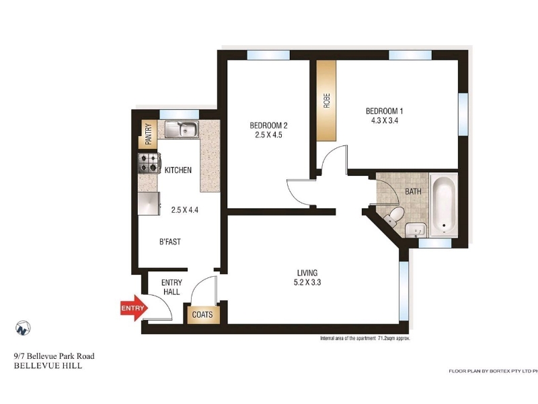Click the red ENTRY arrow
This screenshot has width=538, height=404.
click(134, 308)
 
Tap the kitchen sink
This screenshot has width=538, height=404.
click(182, 129)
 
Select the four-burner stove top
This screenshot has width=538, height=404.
click(149, 163)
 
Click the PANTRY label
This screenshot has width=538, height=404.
click(148, 134)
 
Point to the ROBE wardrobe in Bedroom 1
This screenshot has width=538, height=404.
click(326, 100)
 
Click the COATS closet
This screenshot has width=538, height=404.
click(202, 314)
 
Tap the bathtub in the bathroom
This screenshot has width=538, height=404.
click(444, 205)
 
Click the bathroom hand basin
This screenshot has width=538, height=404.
click(416, 230)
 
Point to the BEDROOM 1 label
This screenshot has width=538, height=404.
click(384, 111)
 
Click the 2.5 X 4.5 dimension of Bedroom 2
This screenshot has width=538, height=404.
click(268, 135)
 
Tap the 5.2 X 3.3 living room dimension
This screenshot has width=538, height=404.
click(307, 282)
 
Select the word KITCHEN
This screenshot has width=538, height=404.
click(178, 170)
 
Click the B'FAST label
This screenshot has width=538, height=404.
click(170, 242)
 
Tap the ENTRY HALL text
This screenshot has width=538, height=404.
click(171, 288)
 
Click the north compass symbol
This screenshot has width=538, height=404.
click(23, 328)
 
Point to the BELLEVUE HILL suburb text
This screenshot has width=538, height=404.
click(48, 366)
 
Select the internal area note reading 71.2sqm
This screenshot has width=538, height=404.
click(365, 339)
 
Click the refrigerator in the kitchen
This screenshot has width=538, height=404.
click(149, 203)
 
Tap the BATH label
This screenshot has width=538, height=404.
click(413, 191)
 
